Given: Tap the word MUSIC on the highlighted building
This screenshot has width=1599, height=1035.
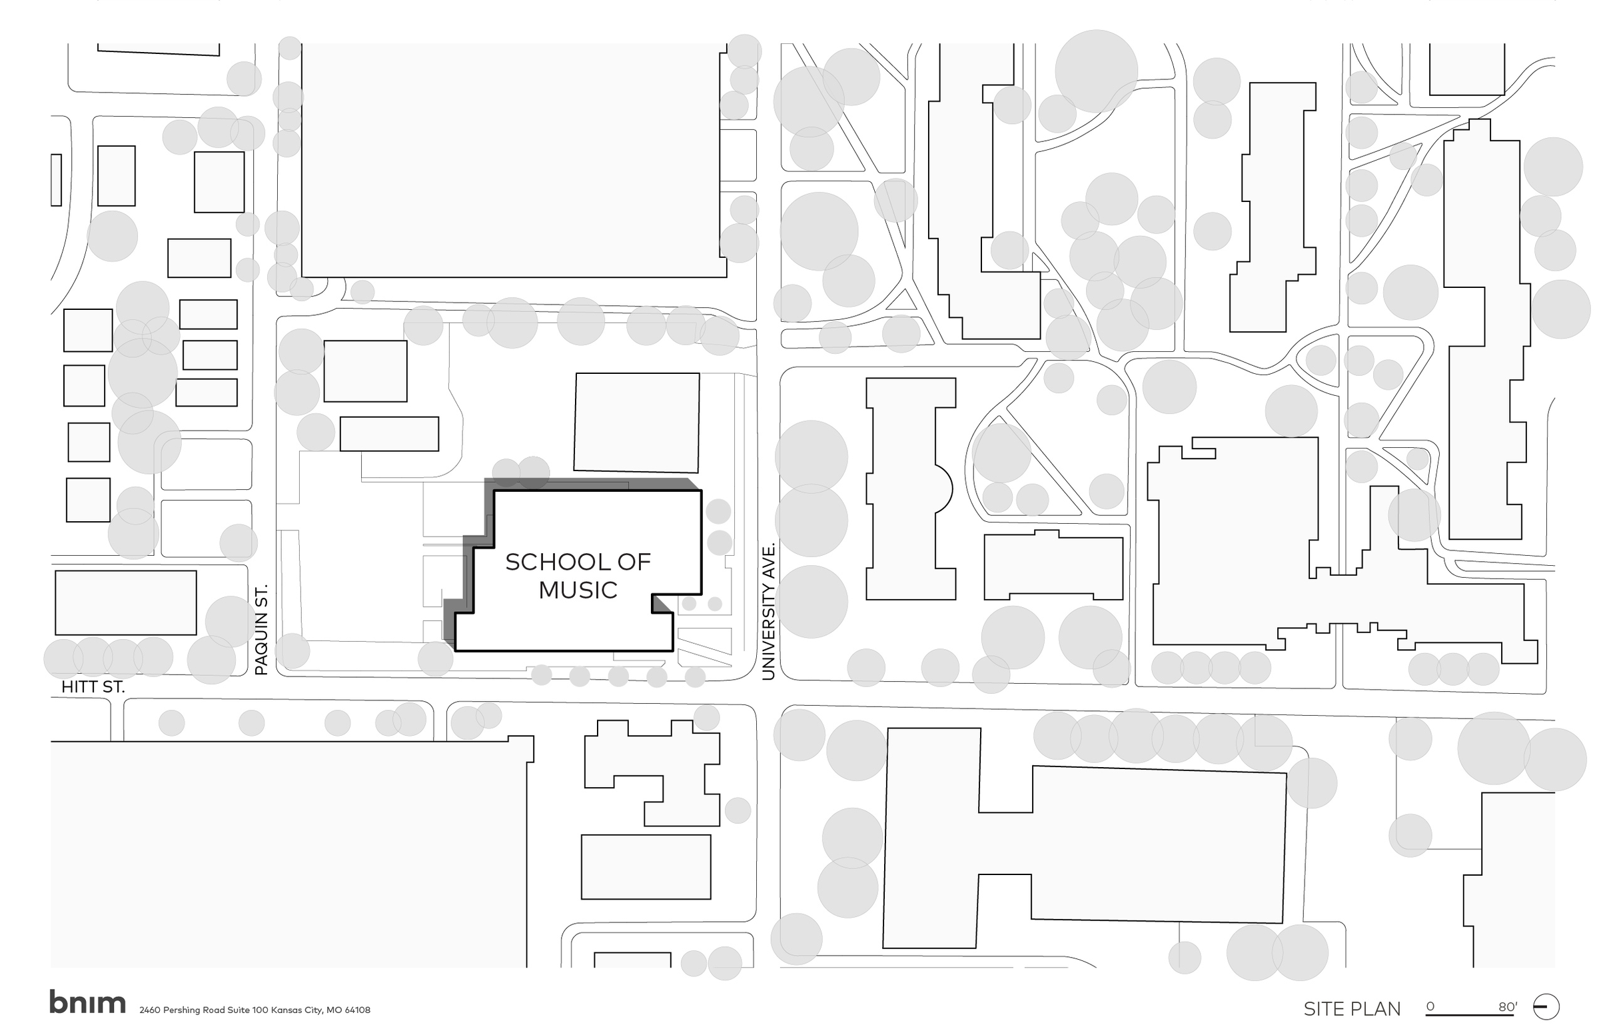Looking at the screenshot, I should [577, 590].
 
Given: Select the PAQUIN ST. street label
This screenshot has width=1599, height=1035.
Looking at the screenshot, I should [261, 630].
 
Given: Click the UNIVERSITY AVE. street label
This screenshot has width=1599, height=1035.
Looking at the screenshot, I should [769, 612].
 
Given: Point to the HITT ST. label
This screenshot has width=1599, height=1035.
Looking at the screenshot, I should [93, 687].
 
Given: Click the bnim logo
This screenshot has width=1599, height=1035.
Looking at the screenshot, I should [87, 1002].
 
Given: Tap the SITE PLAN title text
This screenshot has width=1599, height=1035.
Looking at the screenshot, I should [1352, 1009].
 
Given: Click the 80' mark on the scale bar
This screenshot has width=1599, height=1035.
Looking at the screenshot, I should [1507, 1007].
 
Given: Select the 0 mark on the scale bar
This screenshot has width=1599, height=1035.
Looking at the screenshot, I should [1430, 1006].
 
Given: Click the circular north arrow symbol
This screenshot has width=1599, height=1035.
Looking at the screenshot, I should [1545, 1007].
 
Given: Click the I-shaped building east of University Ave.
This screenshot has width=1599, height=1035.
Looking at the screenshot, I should [910, 489].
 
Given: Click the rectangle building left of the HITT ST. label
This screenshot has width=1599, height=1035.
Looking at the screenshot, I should [126, 603].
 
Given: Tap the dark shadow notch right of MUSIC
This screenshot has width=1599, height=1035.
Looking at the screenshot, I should [662, 604].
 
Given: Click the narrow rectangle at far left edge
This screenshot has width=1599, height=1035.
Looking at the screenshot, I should [57, 180].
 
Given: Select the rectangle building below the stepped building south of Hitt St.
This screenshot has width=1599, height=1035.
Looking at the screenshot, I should [646, 867].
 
